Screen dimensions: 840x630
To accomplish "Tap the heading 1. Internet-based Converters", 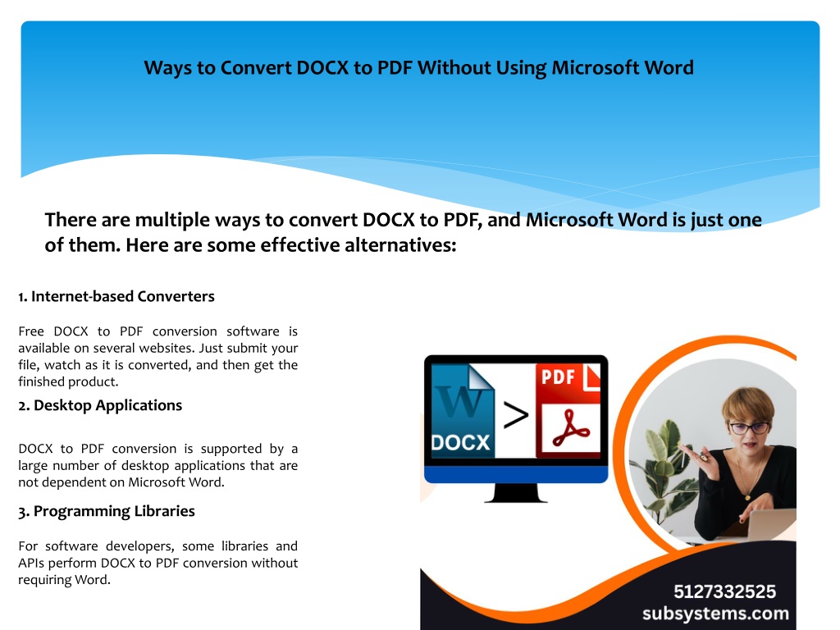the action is tap(116, 296).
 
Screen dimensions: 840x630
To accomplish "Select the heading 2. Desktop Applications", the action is tap(100, 405).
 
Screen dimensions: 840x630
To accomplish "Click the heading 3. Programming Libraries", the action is tap(107, 511).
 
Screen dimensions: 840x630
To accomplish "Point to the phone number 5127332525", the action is tap(724, 591).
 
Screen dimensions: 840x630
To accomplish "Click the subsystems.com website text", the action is tap(715, 614).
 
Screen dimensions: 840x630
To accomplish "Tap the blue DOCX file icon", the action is tap(463, 411).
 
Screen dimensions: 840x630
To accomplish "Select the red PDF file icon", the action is tap(568, 411).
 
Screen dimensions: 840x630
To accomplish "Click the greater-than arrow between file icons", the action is tap(516, 416).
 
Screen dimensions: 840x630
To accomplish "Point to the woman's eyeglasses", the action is tap(749, 428).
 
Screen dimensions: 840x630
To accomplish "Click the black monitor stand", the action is tap(516, 493).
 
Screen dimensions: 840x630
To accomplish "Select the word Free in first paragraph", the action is tap(31, 331).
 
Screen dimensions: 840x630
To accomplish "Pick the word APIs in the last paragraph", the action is tap(32, 563).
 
